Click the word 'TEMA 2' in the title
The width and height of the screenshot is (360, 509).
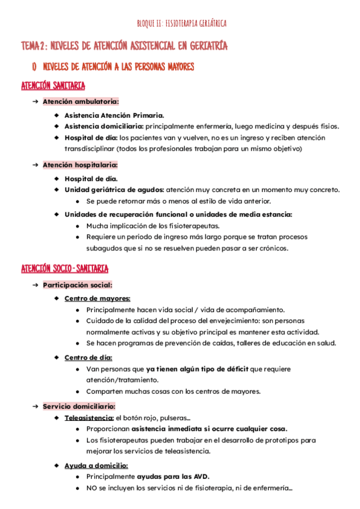[x=34, y=46]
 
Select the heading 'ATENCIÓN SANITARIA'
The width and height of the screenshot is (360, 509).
[x=53, y=86]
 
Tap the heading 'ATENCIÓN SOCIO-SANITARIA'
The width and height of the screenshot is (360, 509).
[x=65, y=268]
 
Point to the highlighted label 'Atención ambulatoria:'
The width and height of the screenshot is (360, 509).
[x=80, y=101]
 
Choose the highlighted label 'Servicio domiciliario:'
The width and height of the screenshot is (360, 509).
[x=79, y=406]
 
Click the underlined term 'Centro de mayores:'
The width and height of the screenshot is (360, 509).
[x=97, y=298]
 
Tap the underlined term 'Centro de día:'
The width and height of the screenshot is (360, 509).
[x=89, y=358]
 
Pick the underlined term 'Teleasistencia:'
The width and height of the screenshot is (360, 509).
[x=89, y=418]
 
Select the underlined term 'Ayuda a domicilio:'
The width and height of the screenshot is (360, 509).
[x=96, y=465]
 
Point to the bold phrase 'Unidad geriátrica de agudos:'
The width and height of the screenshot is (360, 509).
[x=114, y=190]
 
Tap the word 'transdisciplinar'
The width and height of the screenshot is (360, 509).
[x=89, y=148]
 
